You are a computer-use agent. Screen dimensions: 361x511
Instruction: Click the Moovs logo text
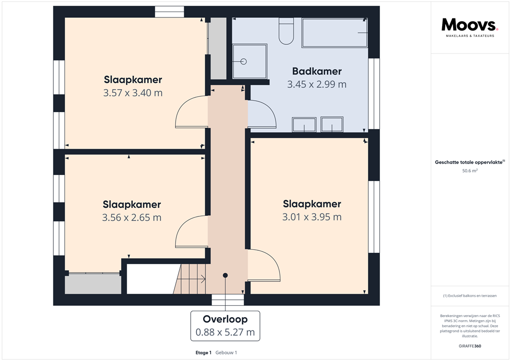pos(470,24)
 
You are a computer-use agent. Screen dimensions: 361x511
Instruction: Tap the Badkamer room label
pos(317,71)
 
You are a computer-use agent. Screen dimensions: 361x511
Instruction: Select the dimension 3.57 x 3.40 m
pos(133,93)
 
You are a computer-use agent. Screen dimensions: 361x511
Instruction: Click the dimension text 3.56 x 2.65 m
pos(132,217)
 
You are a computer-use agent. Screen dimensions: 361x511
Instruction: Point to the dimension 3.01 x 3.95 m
pos(312,217)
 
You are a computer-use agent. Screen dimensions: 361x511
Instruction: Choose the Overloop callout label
pos(225,319)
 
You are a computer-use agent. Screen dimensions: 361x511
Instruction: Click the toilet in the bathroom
pos(286,31)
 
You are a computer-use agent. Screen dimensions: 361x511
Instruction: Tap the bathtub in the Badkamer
pos(335,32)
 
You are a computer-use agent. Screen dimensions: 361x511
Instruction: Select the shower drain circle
pos(244,61)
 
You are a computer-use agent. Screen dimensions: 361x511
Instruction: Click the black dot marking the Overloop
pos(225,275)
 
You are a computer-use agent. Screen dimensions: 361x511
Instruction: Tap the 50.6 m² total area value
pos(470,171)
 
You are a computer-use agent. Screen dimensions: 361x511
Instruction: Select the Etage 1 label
pos(204,353)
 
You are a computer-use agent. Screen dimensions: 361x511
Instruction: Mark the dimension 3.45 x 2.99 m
pos(317,84)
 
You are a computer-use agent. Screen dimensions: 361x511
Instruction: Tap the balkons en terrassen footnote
pos(470,296)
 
